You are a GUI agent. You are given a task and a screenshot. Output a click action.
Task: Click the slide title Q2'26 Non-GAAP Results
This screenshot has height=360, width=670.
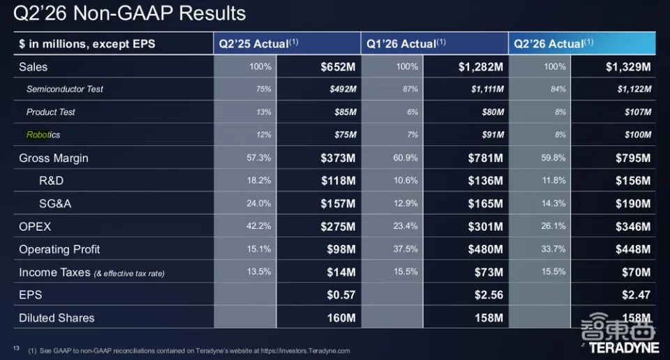pyautogui.click(x=130, y=13)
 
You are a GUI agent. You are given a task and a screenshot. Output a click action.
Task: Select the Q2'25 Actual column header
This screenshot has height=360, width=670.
pyautogui.click(x=258, y=43)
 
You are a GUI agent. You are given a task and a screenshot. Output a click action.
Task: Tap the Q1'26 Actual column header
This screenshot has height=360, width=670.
pyautogui.click(x=406, y=43)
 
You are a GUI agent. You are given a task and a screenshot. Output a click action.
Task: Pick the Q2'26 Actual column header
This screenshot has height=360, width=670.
pyautogui.click(x=553, y=43)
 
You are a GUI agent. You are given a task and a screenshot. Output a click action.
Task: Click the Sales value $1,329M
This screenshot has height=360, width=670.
pyautogui.click(x=628, y=67)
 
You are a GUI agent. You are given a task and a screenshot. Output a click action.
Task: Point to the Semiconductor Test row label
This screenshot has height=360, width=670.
pyautogui.click(x=64, y=89)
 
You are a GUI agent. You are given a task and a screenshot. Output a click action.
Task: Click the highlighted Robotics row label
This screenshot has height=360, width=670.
pyautogui.click(x=43, y=135)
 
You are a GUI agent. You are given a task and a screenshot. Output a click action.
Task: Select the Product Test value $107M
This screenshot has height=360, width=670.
pyautogui.click(x=638, y=112)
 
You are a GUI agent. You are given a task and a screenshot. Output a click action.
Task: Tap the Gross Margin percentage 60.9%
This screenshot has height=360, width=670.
pyautogui.click(x=405, y=158)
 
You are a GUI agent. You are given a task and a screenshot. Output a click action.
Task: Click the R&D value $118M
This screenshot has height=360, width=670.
pyautogui.click(x=338, y=181)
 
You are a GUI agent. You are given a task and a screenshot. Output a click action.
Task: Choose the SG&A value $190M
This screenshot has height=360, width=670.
pyautogui.click(x=633, y=204)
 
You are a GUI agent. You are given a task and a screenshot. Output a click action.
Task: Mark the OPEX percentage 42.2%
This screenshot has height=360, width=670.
pyautogui.click(x=258, y=226)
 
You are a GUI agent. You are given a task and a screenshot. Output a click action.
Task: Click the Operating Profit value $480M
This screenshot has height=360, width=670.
pyautogui.click(x=486, y=249)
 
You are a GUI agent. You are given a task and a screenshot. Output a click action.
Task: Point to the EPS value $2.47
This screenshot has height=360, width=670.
pyautogui.click(x=636, y=295)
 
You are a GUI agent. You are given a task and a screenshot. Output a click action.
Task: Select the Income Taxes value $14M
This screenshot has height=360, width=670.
pyautogui.click(x=341, y=273)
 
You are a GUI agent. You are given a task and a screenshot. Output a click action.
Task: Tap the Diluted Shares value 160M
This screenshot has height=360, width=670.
pyautogui.click(x=341, y=318)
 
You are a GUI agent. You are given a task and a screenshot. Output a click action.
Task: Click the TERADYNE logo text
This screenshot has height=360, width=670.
pyautogui.click(x=624, y=348)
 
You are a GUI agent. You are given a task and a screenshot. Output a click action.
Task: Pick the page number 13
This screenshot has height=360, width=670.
pyautogui.click(x=16, y=348)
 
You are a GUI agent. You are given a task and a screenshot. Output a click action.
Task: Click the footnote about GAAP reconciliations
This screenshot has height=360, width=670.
pyautogui.click(x=189, y=351)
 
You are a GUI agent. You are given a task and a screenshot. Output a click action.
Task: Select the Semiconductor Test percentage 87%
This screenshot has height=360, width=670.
pyautogui.click(x=410, y=89)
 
